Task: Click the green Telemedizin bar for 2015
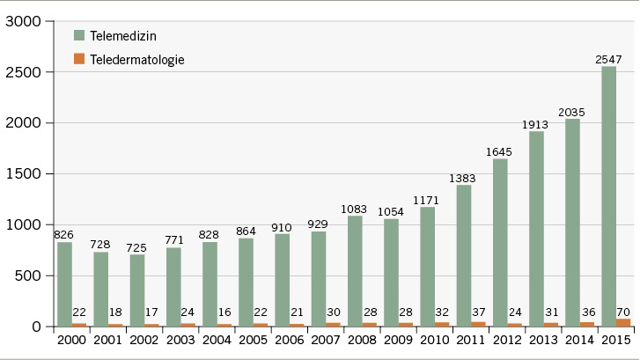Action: (x=608, y=196)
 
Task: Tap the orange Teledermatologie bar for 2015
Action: (x=622, y=322)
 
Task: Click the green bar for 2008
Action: (x=355, y=271)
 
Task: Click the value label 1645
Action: (x=499, y=151)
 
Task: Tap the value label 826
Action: (x=63, y=235)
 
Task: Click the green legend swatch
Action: (x=79, y=35)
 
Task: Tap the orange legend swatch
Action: (x=79, y=59)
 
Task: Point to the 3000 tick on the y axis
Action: (x=24, y=21)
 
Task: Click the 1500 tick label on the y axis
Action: (x=24, y=174)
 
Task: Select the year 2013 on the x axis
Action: (x=542, y=341)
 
